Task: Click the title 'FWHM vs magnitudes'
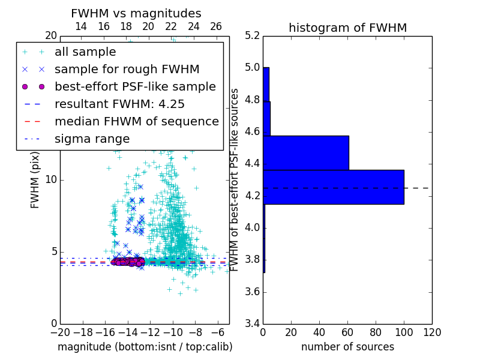(136, 13)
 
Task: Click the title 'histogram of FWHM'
(347, 28)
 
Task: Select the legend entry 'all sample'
(85, 52)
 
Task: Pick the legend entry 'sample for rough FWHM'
(127, 69)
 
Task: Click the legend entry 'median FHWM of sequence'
(136, 121)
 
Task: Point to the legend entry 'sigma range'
(92, 139)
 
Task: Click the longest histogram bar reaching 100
(333, 187)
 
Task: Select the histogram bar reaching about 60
(306, 153)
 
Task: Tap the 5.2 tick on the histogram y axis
(253, 35)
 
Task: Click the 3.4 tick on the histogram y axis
(253, 324)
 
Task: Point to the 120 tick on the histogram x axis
(432, 332)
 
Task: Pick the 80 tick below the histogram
(376, 332)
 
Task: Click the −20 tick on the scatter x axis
(60, 332)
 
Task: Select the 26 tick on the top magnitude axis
(216, 26)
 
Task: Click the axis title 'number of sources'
(347, 347)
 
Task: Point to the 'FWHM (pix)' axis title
(35, 179)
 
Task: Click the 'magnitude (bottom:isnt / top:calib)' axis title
(145, 347)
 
